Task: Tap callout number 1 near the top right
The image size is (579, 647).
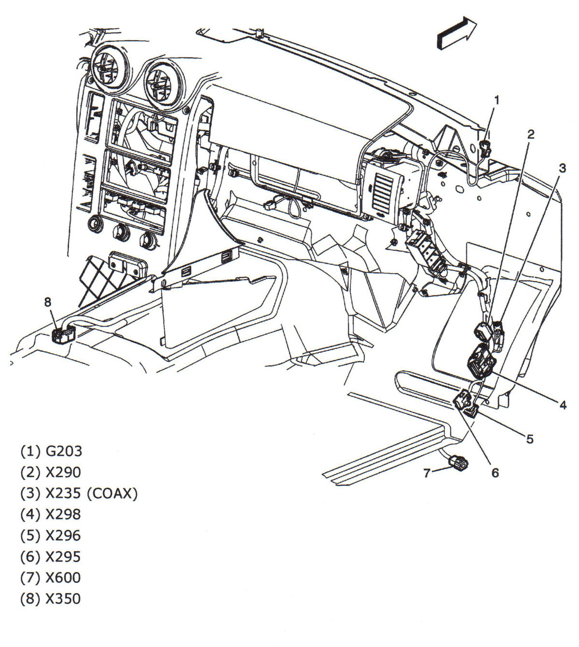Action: (x=496, y=100)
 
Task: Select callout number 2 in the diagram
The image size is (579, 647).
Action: (x=531, y=134)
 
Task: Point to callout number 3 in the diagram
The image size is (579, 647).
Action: (x=562, y=168)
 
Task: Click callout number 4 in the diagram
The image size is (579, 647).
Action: (x=563, y=405)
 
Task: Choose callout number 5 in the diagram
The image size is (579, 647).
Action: (x=529, y=439)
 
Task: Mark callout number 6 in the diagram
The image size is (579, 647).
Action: (x=495, y=472)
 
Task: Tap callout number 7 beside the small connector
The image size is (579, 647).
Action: (x=427, y=473)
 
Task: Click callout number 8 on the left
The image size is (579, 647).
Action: (x=47, y=302)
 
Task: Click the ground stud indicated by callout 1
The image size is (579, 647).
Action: (x=485, y=148)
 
